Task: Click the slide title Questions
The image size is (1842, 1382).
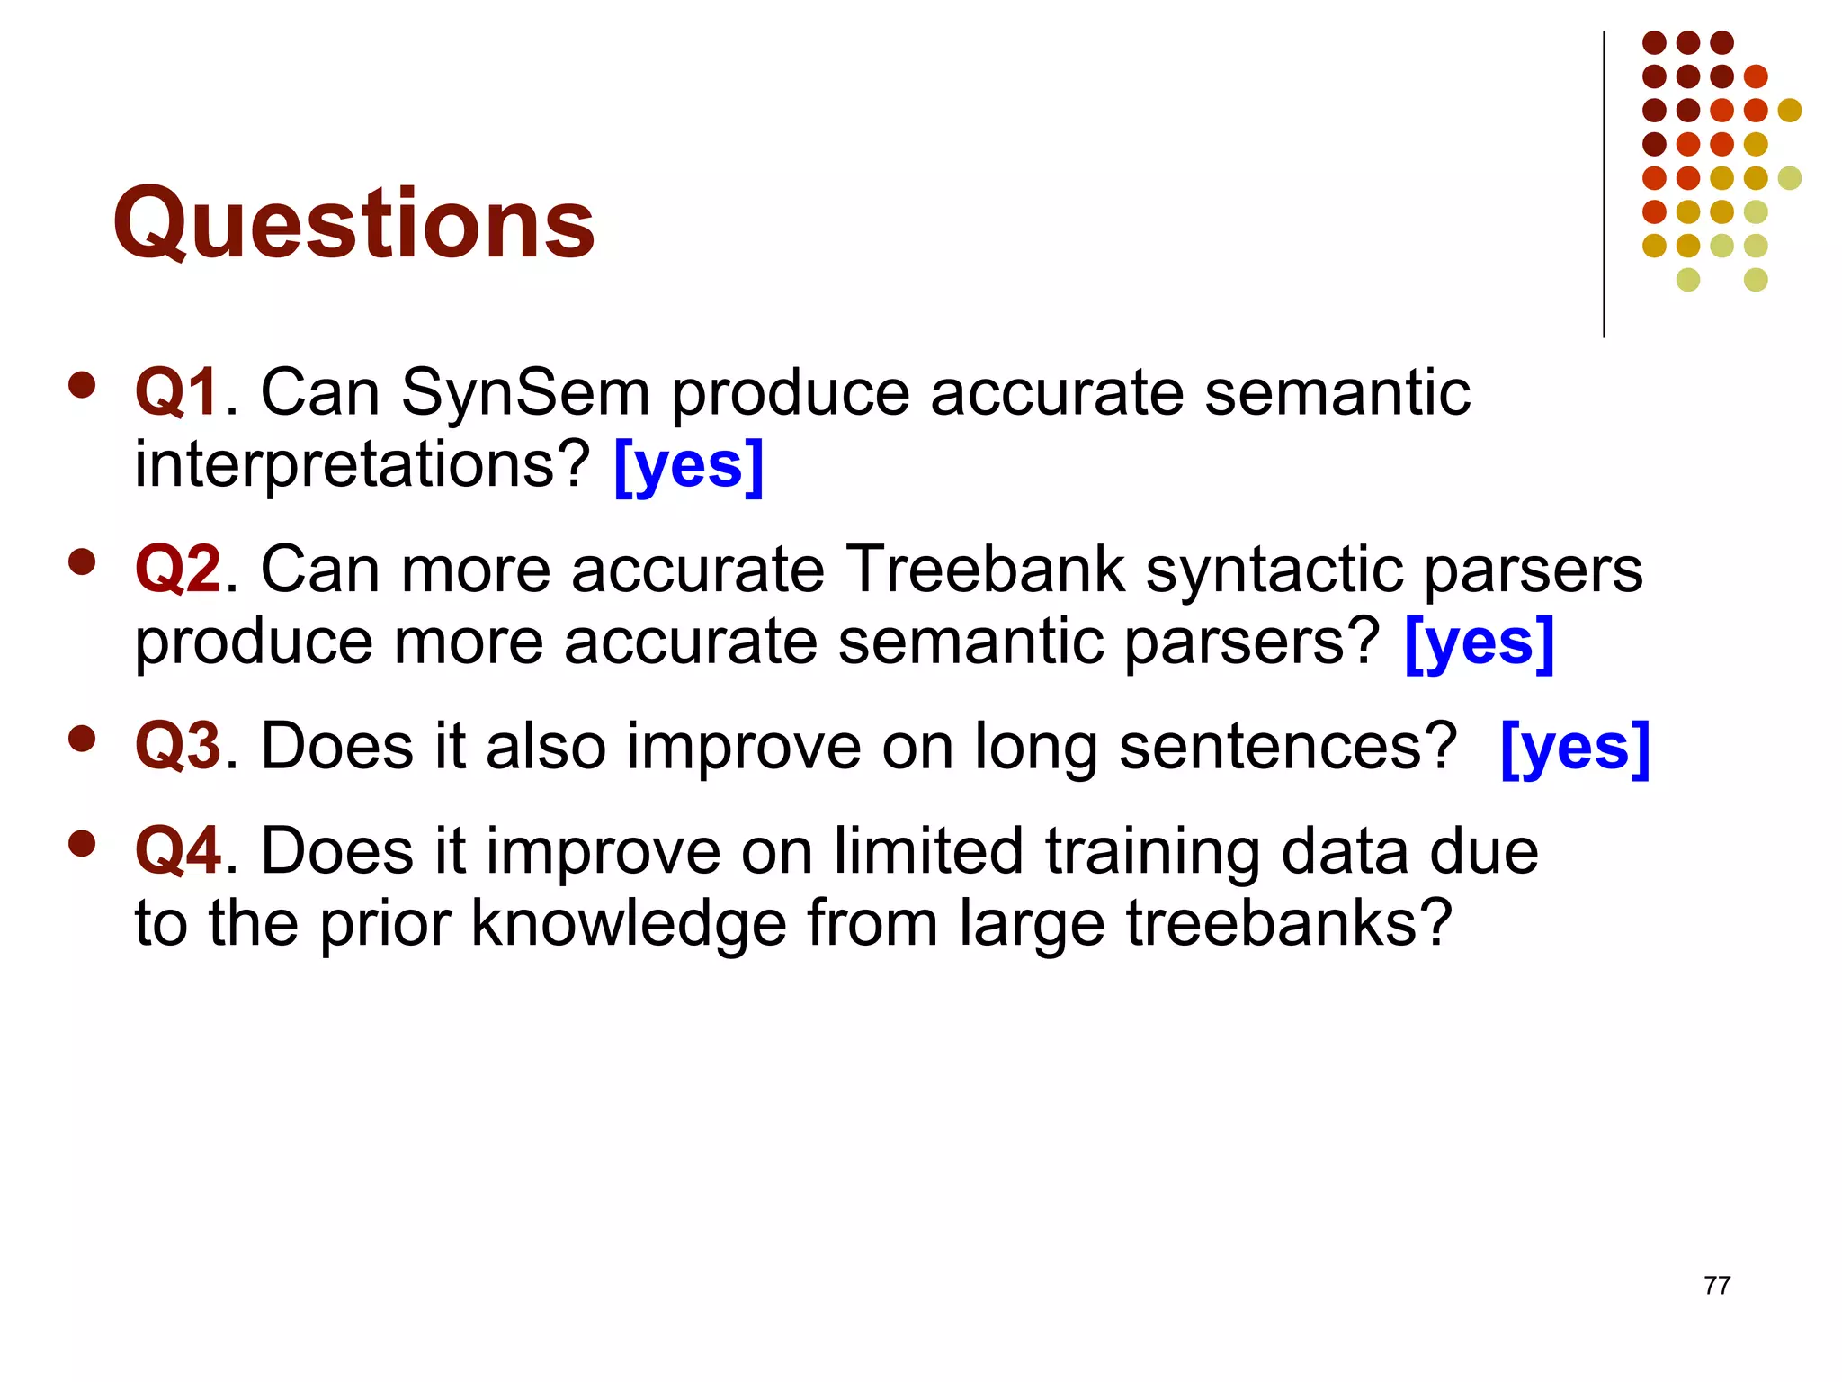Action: [x=353, y=222]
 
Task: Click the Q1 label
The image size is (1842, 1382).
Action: [x=176, y=393]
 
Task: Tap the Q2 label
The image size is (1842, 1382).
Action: [x=177, y=570]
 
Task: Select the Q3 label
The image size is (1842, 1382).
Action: [x=177, y=746]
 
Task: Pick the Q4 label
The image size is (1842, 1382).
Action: [x=177, y=850]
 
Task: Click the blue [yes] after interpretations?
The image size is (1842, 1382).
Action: [x=688, y=465]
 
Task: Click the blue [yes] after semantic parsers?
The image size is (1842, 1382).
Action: [x=1479, y=642]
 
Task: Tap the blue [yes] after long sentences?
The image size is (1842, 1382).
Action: [x=1575, y=748]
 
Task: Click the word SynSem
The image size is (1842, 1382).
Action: [x=525, y=393]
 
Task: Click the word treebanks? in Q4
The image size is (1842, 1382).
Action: [x=1289, y=923]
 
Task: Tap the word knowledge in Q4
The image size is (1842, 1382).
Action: [x=629, y=923]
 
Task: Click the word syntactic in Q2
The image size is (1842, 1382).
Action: [x=1274, y=570]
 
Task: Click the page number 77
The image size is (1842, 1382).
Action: [x=1716, y=1286]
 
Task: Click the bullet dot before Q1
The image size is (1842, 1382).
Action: [x=82, y=385]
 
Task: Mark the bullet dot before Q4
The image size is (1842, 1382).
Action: [x=82, y=844]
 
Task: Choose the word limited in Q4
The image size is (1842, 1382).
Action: [x=927, y=850]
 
